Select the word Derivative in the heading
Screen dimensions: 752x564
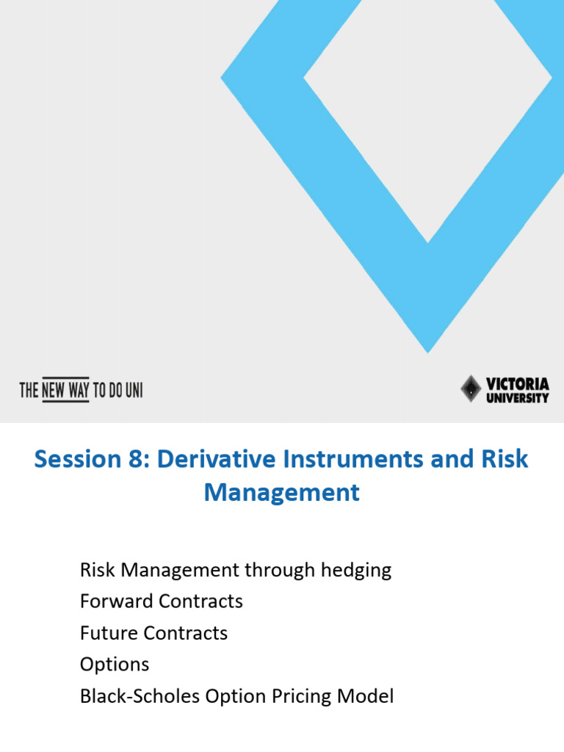[x=209, y=459]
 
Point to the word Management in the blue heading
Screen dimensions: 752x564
[x=282, y=492]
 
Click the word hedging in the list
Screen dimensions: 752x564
[x=356, y=570]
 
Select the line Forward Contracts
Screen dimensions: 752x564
[x=161, y=601]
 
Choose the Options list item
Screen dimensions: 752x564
[x=114, y=665]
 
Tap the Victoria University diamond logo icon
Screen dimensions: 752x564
[x=471, y=388]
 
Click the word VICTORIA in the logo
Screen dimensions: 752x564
[x=517, y=383]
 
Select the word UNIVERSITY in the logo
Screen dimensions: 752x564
[x=517, y=397]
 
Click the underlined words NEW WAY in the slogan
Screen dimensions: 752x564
[x=65, y=390]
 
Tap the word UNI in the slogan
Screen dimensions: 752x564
[x=133, y=390]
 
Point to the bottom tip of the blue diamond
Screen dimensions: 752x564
[x=428, y=350]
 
